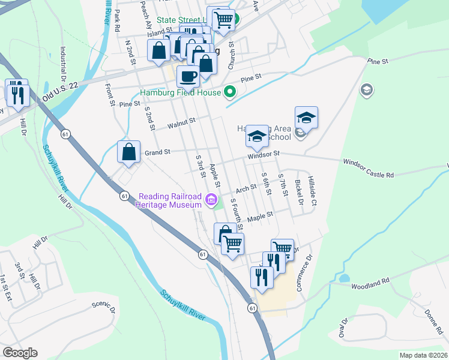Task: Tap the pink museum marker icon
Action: pos(211,200)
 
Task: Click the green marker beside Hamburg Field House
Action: pos(229,92)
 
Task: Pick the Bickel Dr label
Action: pos(298,191)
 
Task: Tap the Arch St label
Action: pos(246,189)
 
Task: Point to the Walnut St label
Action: pos(182,121)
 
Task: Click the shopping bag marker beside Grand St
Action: pos(128,152)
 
